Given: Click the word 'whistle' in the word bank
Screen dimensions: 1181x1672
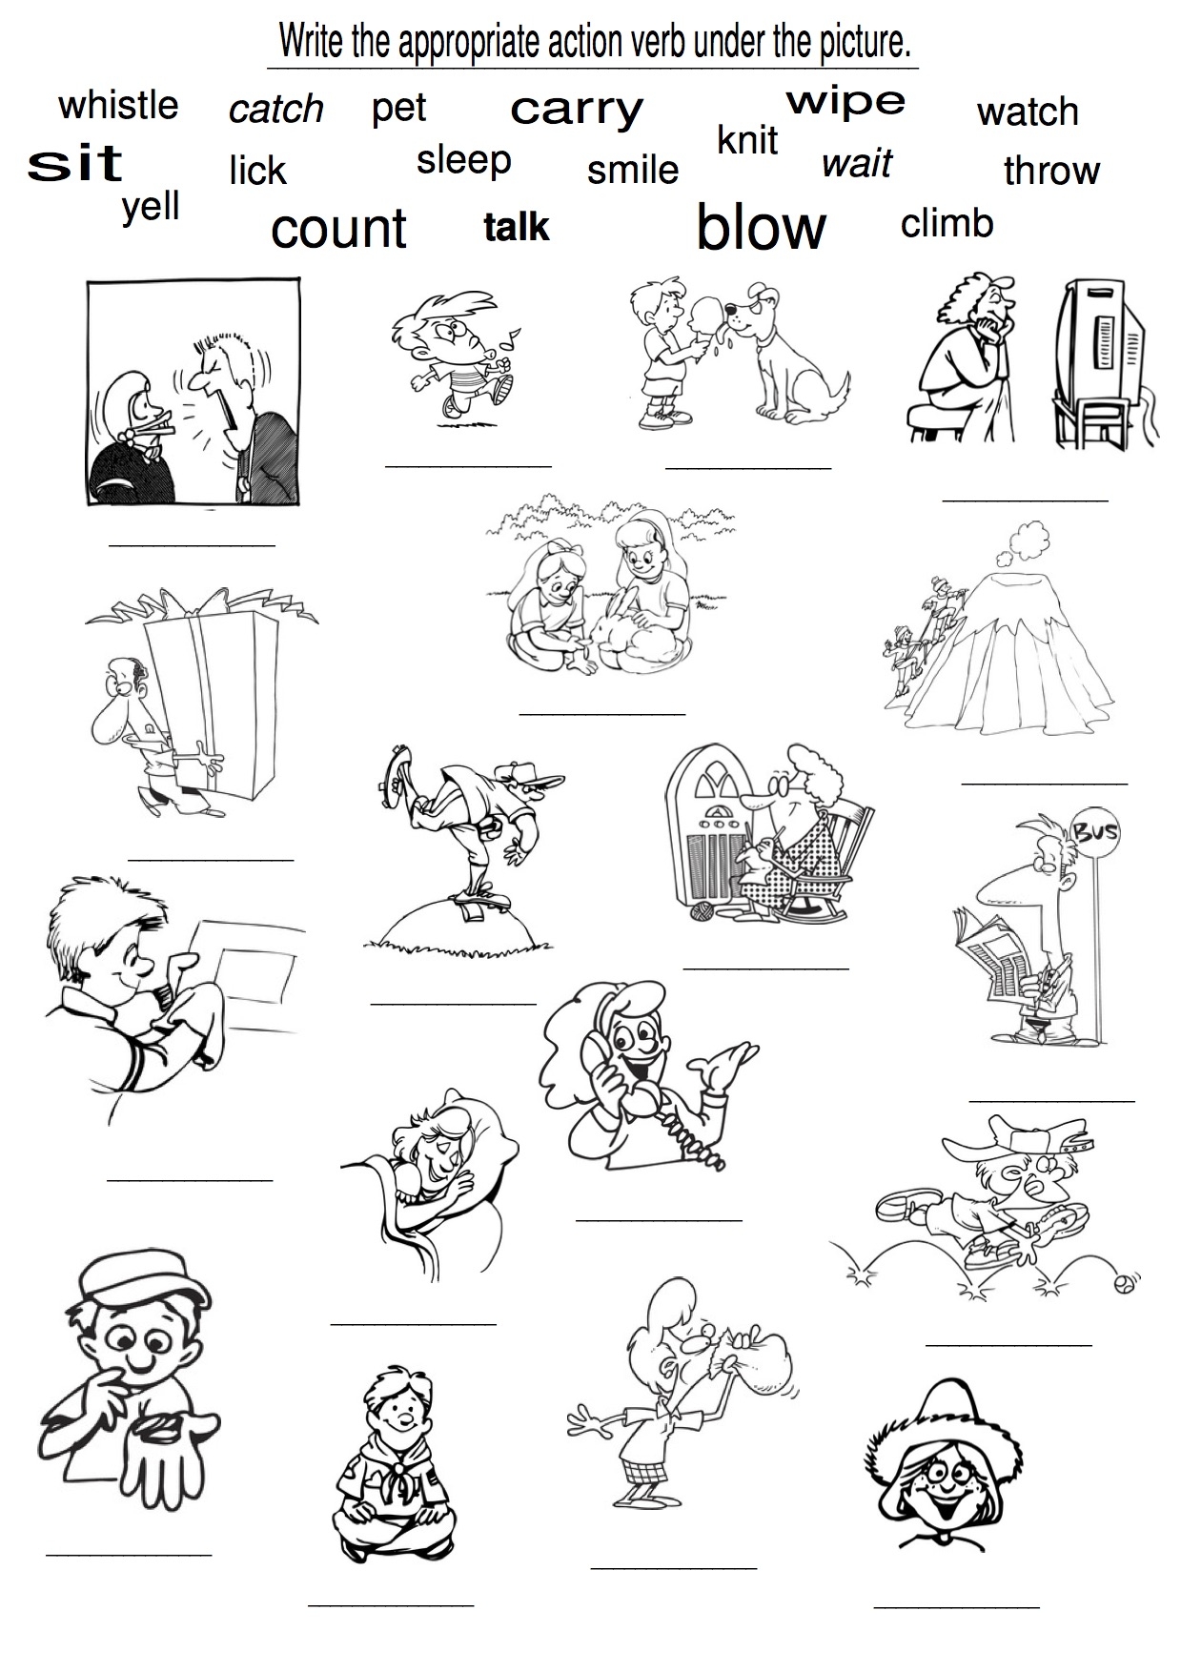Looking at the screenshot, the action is point(118,105).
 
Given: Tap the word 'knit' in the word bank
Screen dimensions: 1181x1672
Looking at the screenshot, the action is point(747,140).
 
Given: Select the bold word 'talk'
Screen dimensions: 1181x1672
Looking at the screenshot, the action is point(517,227).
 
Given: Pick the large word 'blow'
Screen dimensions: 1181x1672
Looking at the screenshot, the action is point(762,227).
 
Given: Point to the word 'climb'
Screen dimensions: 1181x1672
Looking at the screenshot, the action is point(947,223).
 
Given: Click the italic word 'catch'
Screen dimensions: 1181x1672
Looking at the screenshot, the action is point(276,109).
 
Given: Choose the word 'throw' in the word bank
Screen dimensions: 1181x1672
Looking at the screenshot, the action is point(1051,171).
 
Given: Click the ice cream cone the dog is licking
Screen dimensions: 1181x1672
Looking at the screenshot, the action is point(706,323).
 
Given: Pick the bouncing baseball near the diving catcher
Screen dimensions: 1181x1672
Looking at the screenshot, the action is point(1126,1284).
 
